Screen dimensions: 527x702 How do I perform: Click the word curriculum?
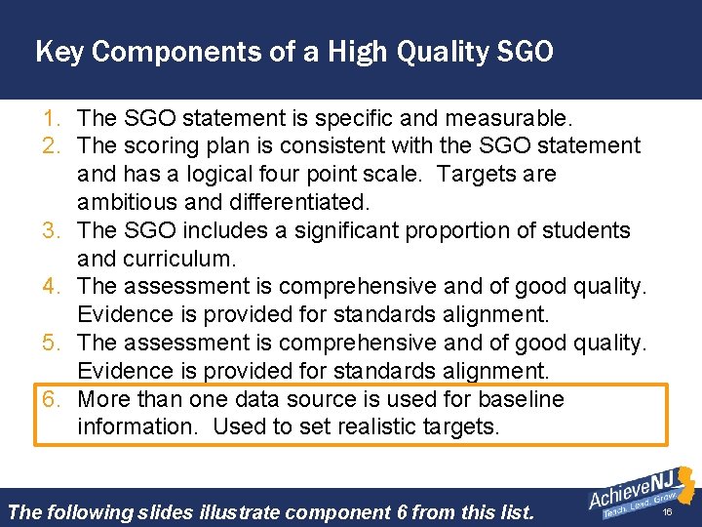[x=181, y=260]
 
